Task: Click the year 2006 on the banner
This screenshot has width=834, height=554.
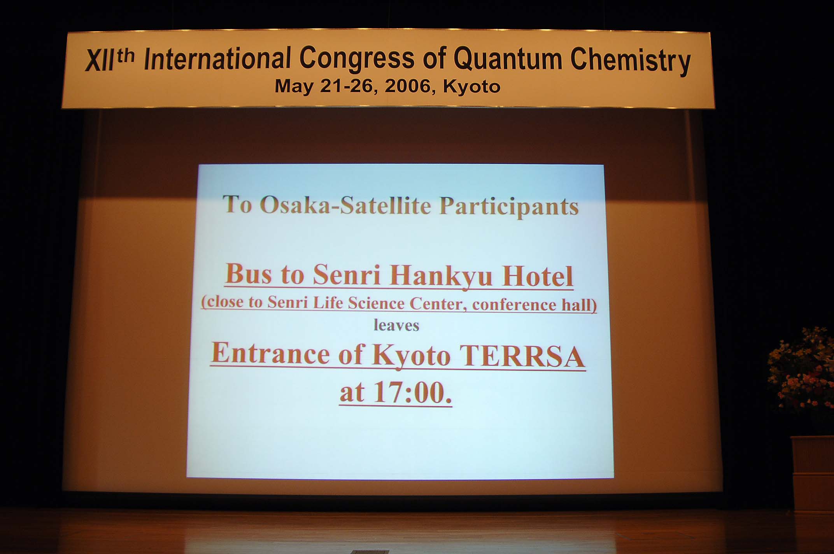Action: (408, 86)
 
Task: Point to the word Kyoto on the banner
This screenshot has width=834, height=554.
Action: (471, 87)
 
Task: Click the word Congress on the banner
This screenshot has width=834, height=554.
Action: (357, 59)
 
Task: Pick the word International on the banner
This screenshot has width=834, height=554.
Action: (217, 59)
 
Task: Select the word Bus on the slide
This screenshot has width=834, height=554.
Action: (249, 274)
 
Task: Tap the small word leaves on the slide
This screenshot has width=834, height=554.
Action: (396, 325)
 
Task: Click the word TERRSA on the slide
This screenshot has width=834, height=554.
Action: (521, 356)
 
